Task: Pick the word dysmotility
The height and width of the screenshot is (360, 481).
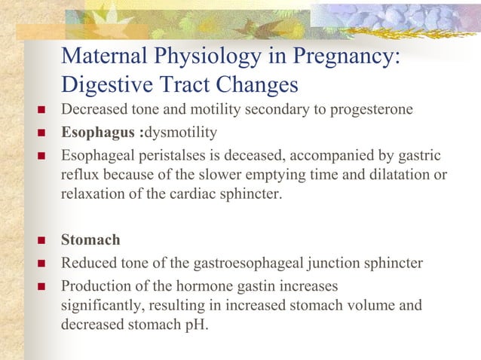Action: pos(179,133)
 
